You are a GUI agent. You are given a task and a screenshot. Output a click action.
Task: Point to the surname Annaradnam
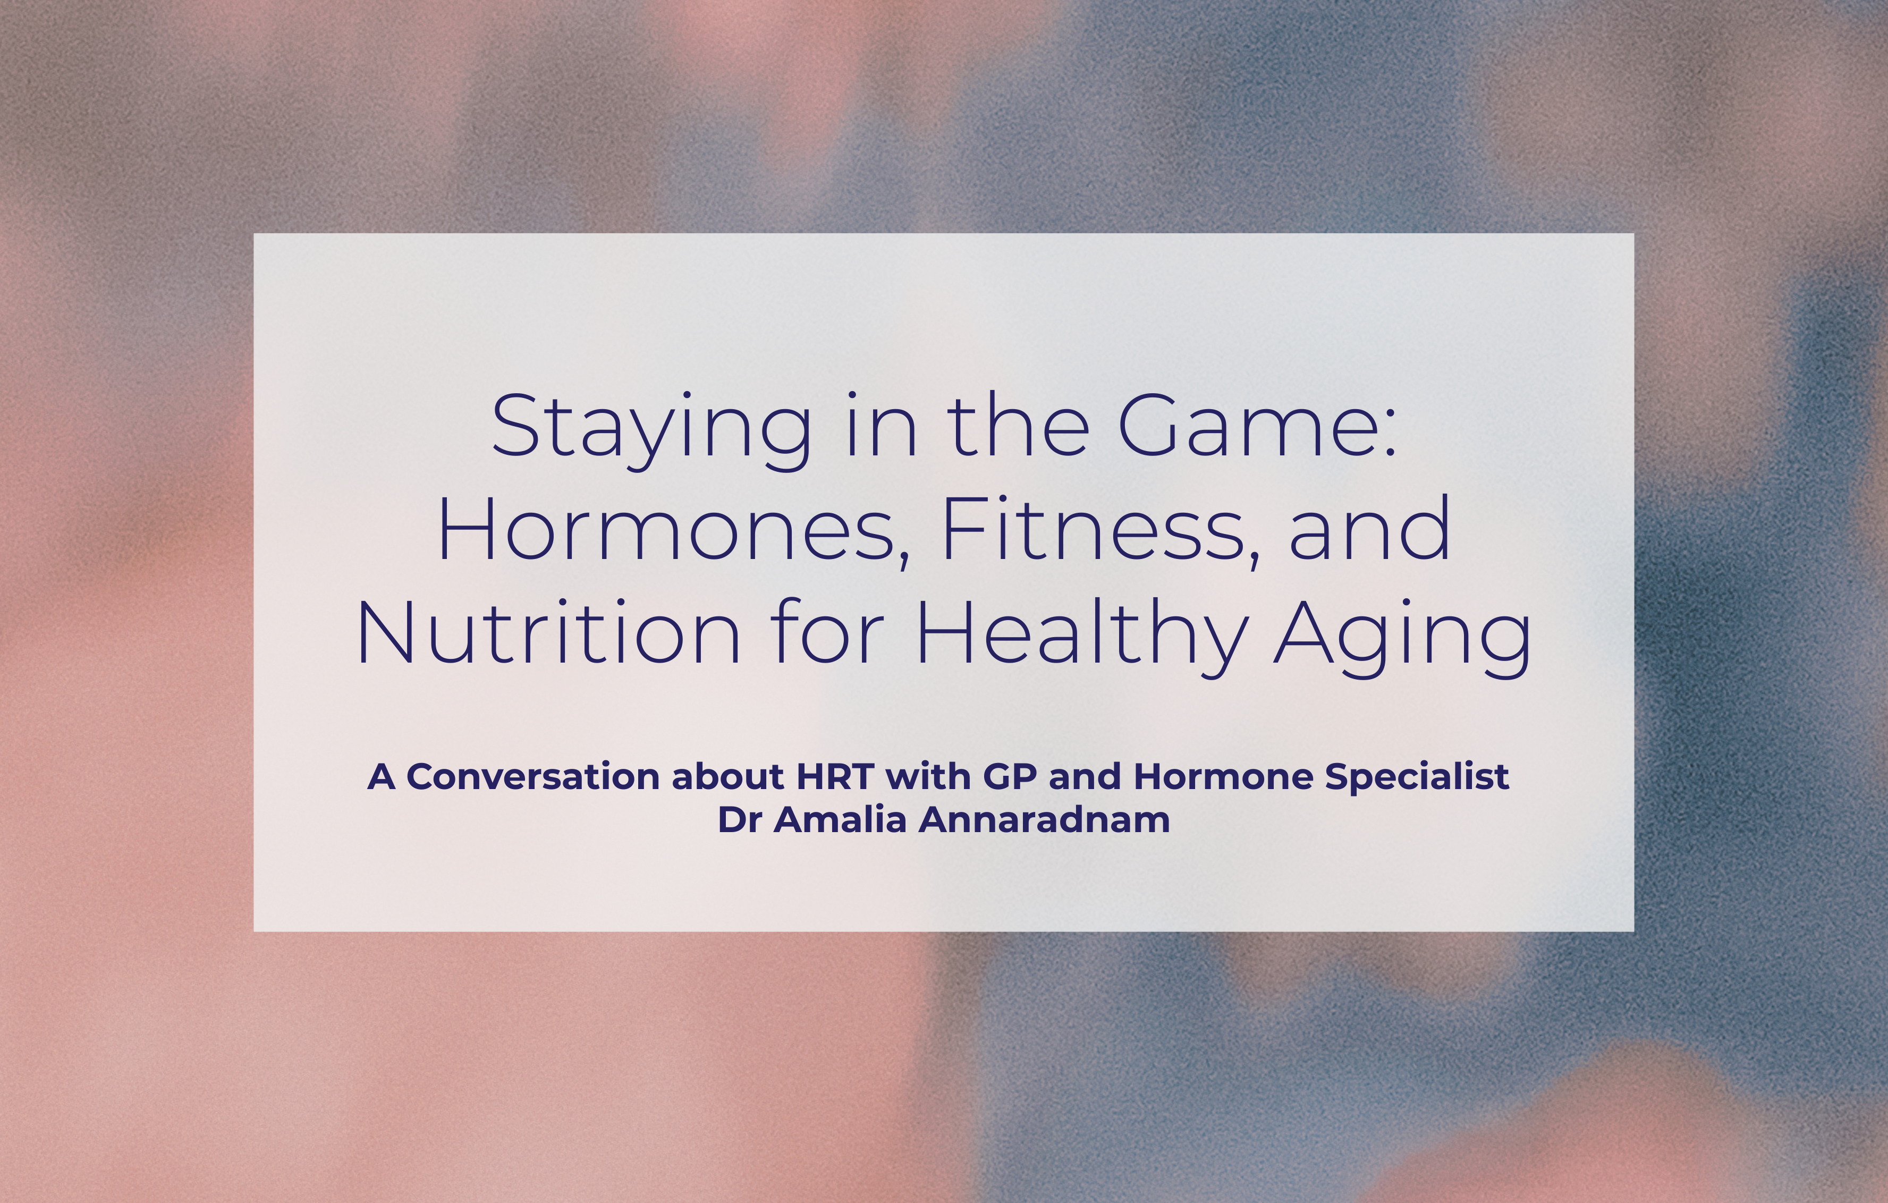coord(1044,820)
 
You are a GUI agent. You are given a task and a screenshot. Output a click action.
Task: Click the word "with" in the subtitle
coord(928,776)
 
